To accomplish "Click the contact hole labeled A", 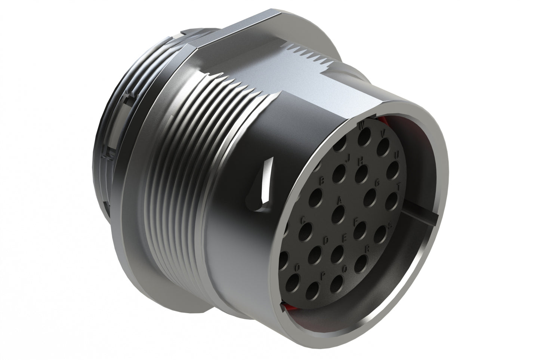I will [339, 212].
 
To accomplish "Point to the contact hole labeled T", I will [391, 200].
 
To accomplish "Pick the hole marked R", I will [360, 264].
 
